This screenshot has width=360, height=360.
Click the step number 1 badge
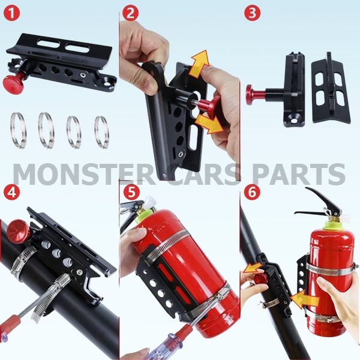click(12, 13)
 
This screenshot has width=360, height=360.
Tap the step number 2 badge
click(130, 13)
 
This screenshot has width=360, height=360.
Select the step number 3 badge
click(253, 13)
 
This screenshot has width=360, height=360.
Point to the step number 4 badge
click(12, 192)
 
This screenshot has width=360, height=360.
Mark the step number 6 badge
click(253, 192)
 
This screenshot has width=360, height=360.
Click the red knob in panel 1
click(11, 81)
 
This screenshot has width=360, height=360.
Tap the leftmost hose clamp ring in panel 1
click(18, 130)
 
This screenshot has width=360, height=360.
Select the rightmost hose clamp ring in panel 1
click(102, 132)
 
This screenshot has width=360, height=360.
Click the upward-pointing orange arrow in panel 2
click(199, 64)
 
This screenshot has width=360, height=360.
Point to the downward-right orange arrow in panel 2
click(209, 124)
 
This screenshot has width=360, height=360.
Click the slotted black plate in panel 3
click(331, 88)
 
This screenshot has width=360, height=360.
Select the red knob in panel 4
click(19, 231)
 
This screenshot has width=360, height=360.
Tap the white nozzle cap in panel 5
click(151, 202)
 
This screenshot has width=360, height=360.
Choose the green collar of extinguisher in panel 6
click(332, 225)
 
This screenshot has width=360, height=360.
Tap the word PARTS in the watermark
click(298, 174)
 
